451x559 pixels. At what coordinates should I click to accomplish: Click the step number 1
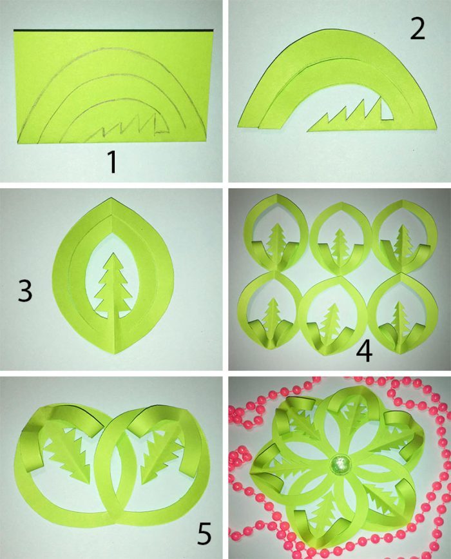(x=113, y=162)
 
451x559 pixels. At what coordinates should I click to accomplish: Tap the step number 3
(x=24, y=291)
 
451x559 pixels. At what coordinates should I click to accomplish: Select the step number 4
(x=364, y=351)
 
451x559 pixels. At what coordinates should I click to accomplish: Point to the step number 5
(x=204, y=534)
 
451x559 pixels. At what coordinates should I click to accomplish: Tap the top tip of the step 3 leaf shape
(x=111, y=197)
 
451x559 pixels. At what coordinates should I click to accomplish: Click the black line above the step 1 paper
(x=113, y=30)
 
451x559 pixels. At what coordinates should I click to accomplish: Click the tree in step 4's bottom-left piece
(x=273, y=317)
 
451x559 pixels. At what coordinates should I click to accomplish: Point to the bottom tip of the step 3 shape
(x=115, y=353)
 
